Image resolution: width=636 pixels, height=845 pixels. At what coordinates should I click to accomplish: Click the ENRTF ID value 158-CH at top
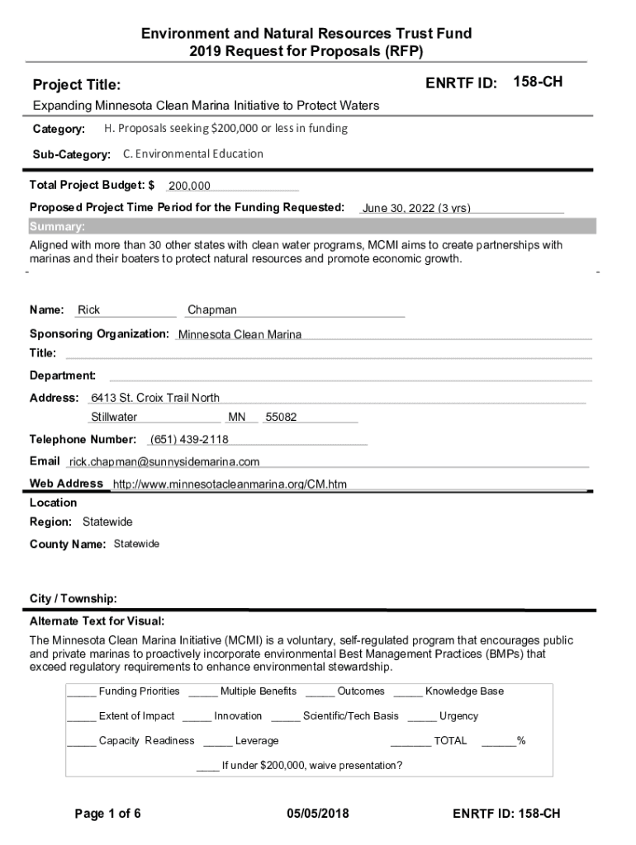(x=539, y=82)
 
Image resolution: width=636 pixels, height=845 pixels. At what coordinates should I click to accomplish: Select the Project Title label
(x=76, y=85)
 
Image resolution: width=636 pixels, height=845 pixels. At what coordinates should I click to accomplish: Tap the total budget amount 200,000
(x=189, y=186)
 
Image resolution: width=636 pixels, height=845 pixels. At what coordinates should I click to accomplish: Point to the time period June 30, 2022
(x=416, y=208)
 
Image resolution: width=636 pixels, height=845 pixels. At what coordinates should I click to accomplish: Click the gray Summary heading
(x=57, y=227)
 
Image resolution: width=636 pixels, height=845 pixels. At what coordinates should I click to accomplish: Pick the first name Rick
(x=89, y=310)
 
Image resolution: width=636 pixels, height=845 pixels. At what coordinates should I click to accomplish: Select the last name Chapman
(x=212, y=310)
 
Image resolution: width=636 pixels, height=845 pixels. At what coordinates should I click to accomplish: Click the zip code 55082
(x=281, y=418)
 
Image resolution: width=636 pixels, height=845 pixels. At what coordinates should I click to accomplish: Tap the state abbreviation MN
(x=237, y=418)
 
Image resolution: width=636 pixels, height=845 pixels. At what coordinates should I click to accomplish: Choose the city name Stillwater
(x=114, y=418)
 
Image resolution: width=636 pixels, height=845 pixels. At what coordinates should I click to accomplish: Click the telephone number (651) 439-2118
(x=189, y=439)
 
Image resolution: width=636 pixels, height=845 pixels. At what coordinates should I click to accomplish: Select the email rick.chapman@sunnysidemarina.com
(x=164, y=461)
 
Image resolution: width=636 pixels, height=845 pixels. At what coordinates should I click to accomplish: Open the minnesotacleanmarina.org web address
(x=230, y=484)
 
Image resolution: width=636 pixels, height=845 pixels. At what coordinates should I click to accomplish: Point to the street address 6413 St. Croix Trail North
(x=155, y=398)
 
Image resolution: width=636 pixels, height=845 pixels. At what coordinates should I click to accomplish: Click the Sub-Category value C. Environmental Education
(x=193, y=153)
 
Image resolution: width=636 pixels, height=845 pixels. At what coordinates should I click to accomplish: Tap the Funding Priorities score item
(x=139, y=691)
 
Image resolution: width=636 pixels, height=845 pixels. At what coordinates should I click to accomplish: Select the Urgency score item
(x=458, y=715)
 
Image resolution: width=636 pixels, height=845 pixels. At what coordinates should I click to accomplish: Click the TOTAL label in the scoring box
(x=450, y=740)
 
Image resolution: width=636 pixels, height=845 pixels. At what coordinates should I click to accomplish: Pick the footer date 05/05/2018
(x=318, y=814)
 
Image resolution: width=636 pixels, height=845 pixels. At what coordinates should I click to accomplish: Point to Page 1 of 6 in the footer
(x=108, y=814)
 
